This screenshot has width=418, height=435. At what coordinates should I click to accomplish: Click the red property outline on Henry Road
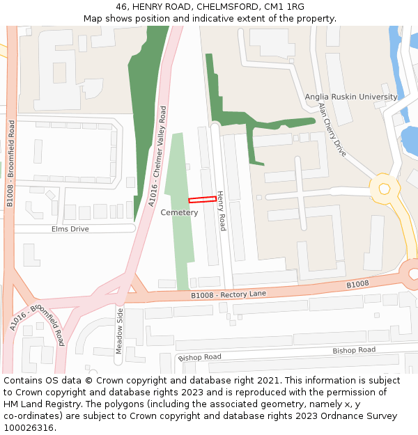point(202,200)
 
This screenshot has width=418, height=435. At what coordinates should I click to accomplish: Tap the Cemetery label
point(179,212)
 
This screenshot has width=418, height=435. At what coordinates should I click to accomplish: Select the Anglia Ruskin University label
point(350,97)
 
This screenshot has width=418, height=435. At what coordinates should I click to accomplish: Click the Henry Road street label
point(221,211)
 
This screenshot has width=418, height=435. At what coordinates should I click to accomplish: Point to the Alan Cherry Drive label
point(332,129)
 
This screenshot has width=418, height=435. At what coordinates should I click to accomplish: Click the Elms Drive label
point(70,228)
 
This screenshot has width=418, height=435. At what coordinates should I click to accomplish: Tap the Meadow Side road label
point(119,331)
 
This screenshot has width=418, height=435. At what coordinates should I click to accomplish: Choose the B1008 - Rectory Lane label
point(229,294)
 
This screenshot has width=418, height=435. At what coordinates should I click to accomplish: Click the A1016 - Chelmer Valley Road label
point(157,156)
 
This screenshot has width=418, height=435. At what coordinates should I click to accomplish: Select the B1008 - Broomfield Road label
point(10,164)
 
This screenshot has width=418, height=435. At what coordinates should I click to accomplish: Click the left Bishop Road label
point(199,357)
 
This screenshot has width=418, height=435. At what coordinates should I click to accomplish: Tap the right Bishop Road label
point(353,350)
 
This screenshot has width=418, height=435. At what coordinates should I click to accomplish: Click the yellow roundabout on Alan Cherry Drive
point(384,187)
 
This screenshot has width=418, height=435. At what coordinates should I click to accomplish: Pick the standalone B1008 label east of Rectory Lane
point(357,285)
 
